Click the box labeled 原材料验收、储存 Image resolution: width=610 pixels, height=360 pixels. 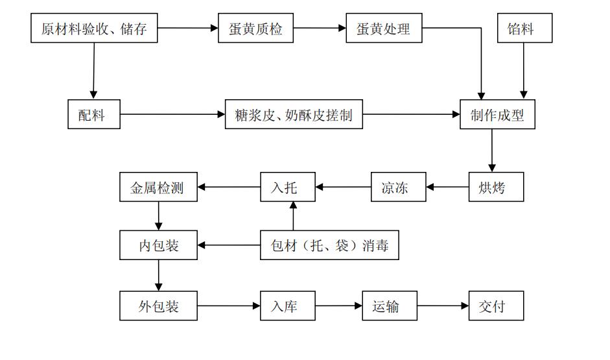click(x=94, y=28)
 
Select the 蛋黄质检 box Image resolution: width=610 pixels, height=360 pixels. click(x=255, y=28)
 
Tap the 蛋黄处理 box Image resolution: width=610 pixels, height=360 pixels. click(x=384, y=28)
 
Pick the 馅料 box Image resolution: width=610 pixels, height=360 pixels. click(x=525, y=28)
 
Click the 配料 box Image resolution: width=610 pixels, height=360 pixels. click(x=94, y=114)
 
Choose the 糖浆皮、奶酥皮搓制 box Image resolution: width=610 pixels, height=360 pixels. click(x=294, y=114)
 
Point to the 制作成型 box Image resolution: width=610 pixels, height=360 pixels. click(x=497, y=114)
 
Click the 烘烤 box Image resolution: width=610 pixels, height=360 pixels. click(x=496, y=187)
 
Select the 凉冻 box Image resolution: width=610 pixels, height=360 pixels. click(x=399, y=187)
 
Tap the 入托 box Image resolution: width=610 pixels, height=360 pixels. click(x=287, y=187)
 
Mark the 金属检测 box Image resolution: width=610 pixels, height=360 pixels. click(x=158, y=187)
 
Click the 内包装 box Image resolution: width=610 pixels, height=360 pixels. click(x=158, y=245)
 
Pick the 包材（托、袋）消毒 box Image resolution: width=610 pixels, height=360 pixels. click(x=329, y=245)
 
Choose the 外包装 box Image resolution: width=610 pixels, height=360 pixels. click(x=158, y=306)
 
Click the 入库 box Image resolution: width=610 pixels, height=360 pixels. click(x=287, y=306)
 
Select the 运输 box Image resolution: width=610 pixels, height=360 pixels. click(x=390, y=306)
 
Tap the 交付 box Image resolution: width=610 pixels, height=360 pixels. click(x=496, y=306)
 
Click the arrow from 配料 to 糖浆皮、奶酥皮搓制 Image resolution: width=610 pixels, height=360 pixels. click(x=172, y=114)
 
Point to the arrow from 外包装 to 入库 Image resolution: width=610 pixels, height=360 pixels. click(x=229, y=306)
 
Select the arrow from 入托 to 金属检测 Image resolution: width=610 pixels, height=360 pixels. click(x=229, y=187)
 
